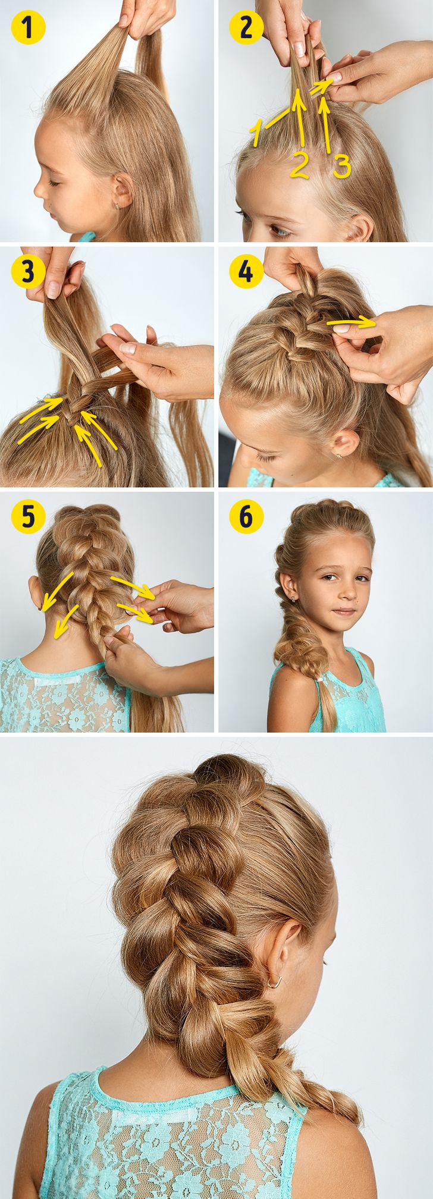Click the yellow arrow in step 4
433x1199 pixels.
coord(351,324)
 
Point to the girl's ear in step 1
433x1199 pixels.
coord(123,191)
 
